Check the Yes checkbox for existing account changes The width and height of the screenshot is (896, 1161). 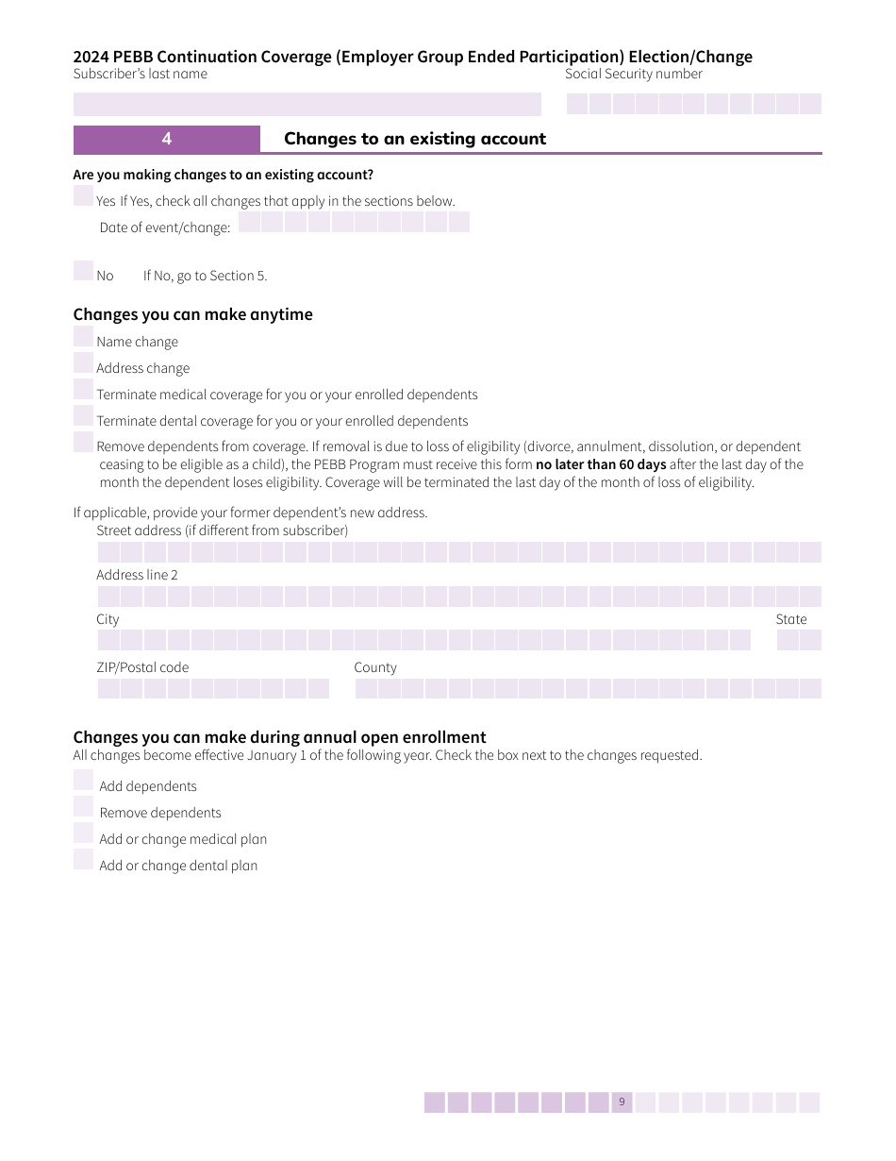click(83, 195)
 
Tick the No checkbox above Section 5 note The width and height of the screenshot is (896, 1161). click(83, 271)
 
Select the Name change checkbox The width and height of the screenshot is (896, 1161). click(83, 337)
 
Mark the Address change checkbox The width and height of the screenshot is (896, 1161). click(83, 363)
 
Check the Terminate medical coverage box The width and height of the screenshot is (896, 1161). click(83, 390)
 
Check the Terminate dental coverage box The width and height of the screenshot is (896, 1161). click(83, 416)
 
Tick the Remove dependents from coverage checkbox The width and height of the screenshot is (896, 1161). click(83, 443)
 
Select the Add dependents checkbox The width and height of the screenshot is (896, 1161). click(83, 781)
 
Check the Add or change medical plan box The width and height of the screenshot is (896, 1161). click(83, 833)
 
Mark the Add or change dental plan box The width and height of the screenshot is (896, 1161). click(83, 860)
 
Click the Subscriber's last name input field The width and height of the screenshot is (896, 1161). click(307, 104)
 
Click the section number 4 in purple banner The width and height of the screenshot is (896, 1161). click(167, 139)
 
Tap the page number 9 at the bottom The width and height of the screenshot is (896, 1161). click(622, 1102)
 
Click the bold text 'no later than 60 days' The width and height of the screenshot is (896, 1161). click(601, 464)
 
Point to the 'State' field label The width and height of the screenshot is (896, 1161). click(791, 619)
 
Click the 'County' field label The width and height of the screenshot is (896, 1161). click(375, 667)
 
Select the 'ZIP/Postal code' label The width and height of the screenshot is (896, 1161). click(142, 667)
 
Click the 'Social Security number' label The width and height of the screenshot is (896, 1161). click(634, 74)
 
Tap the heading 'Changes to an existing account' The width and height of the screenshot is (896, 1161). click(415, 139)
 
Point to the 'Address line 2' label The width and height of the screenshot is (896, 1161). click(137, 575)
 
